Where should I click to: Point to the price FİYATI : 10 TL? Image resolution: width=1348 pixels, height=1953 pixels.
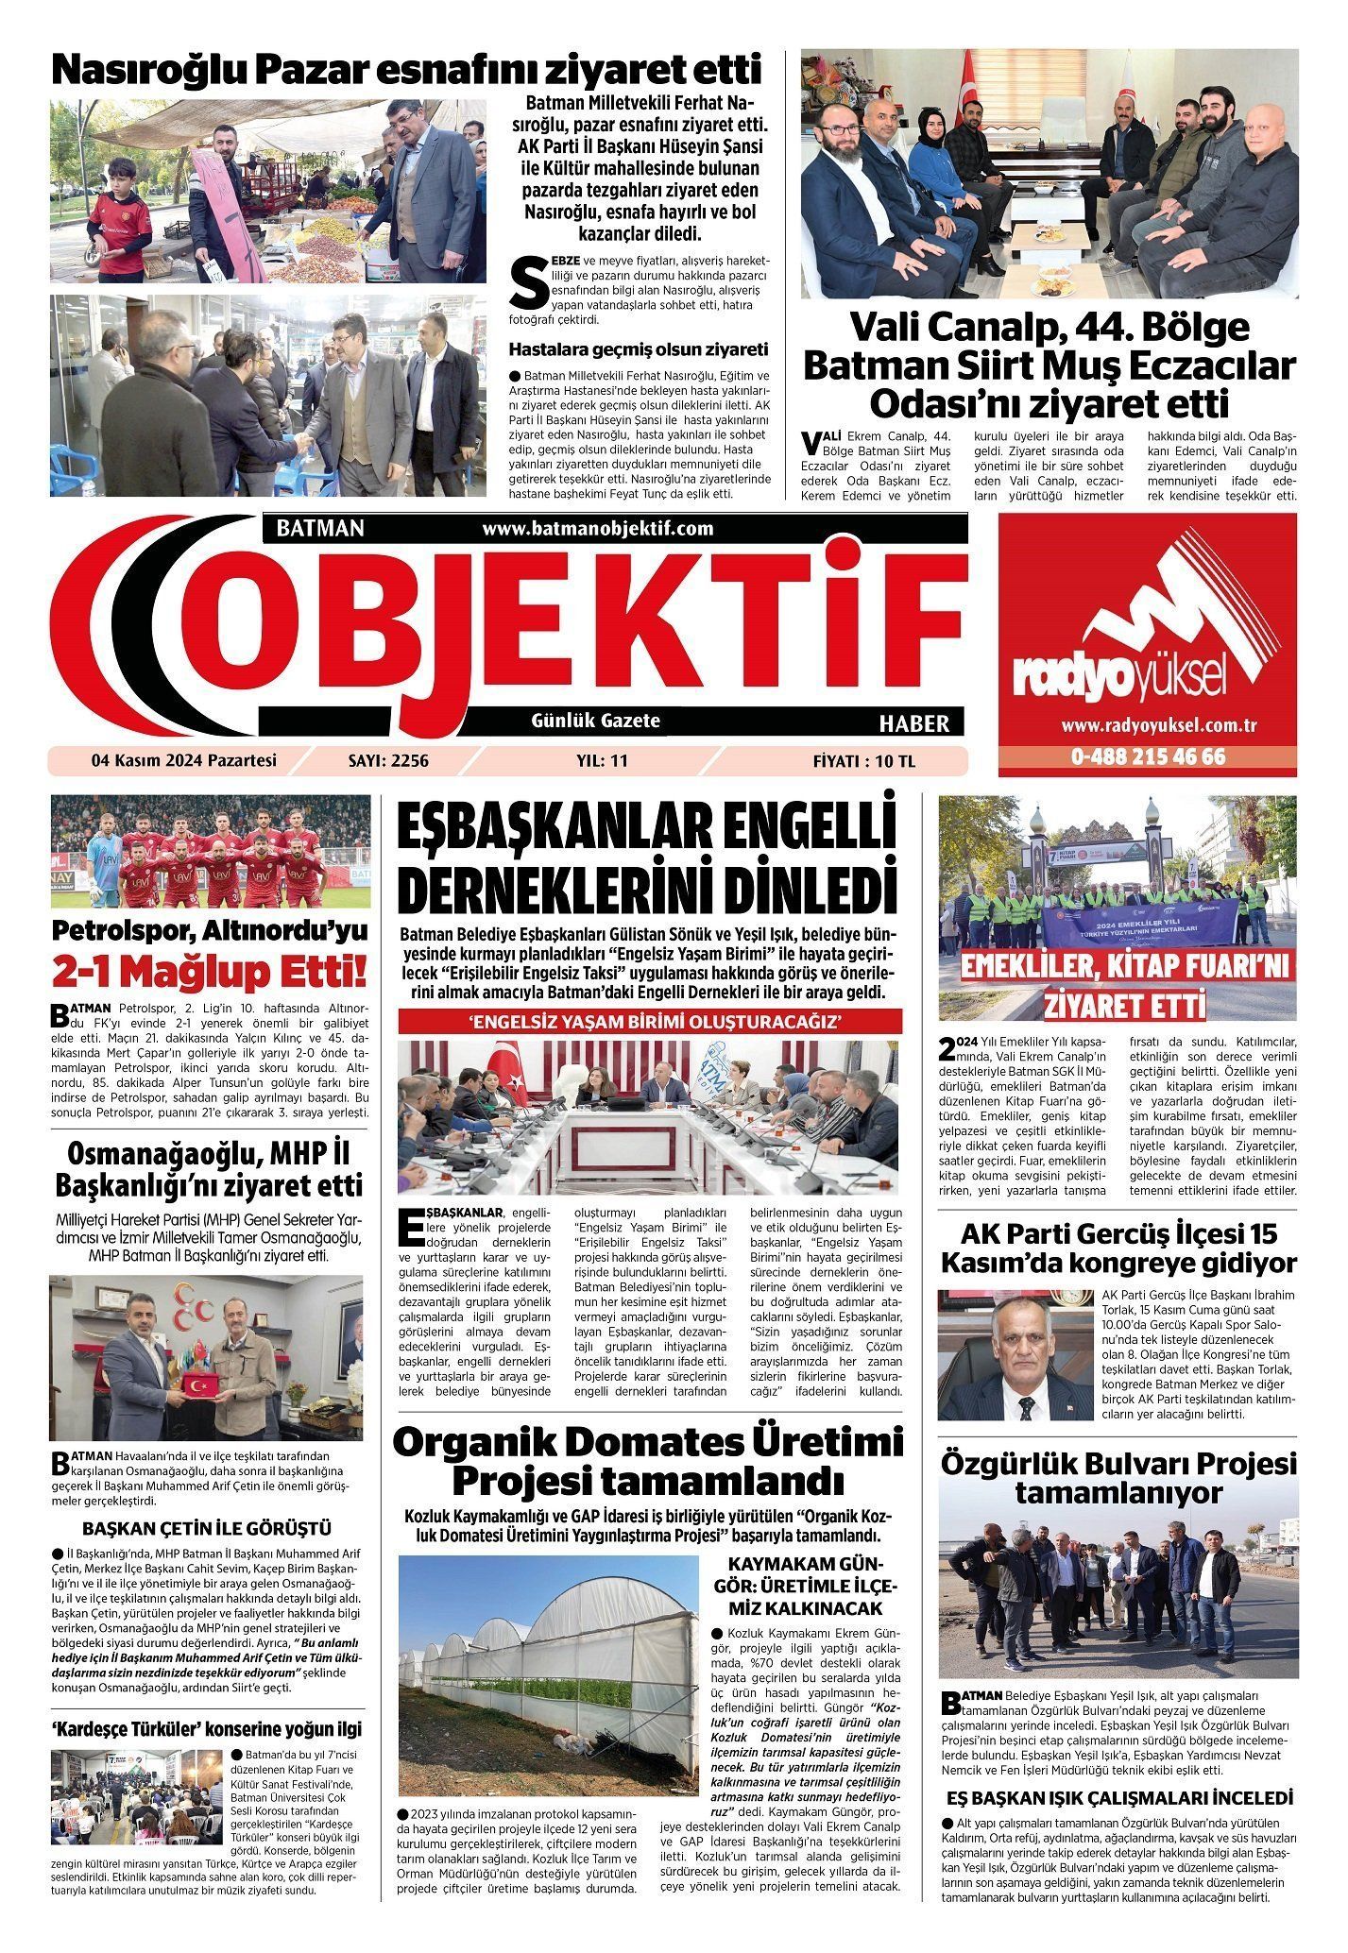(863, 760)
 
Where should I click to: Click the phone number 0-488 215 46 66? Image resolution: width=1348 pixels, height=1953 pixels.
(1148, 757)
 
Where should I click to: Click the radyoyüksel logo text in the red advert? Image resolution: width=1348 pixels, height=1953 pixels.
(1119, 674)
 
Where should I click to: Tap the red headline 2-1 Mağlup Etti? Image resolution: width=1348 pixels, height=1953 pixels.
(211, 972)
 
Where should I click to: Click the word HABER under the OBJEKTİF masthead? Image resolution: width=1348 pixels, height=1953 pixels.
(913, 724)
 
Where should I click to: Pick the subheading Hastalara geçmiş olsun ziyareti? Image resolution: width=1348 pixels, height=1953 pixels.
(639, 349)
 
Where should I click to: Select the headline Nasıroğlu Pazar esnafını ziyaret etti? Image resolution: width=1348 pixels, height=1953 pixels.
(405, 70)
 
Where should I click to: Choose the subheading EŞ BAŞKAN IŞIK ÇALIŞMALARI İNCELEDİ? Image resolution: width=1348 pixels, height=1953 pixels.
(1118, 1797)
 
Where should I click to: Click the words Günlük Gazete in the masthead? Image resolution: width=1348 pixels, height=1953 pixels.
(595, 721)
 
